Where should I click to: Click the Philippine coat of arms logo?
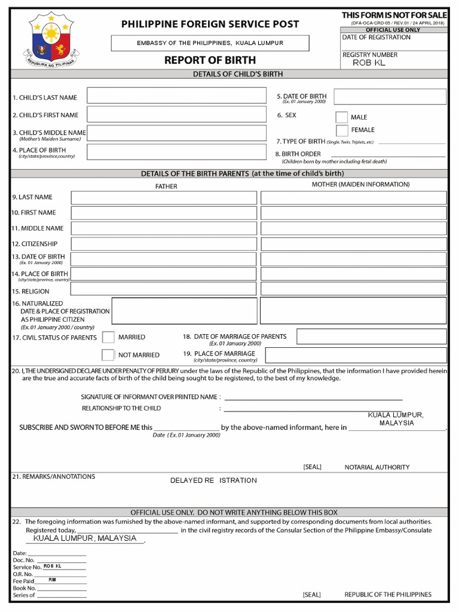point(49,40)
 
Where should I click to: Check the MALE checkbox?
point(341,117)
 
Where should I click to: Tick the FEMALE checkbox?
point(341,130)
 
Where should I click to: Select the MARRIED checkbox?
point(108,337)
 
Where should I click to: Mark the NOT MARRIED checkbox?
point(108,355)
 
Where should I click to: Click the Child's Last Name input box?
point(176,96)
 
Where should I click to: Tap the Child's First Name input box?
point(176,115)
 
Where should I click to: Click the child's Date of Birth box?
point(390,97)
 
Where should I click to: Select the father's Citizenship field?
point(164,244)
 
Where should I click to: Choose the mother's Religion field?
point(353,289)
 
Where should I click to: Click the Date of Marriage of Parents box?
point(371,336)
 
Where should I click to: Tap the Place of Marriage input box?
point(356,355)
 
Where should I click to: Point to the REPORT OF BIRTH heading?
point(210,60)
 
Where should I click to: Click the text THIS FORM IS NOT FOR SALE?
point(394,14)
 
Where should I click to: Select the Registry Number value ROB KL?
point(369,63)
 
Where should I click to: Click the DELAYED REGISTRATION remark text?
point(213,481)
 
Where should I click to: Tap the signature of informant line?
point(313,399)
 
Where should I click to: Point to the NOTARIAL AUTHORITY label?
point(377,467)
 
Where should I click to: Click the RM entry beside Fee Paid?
point(52,580)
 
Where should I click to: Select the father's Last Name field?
point(164,198)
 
